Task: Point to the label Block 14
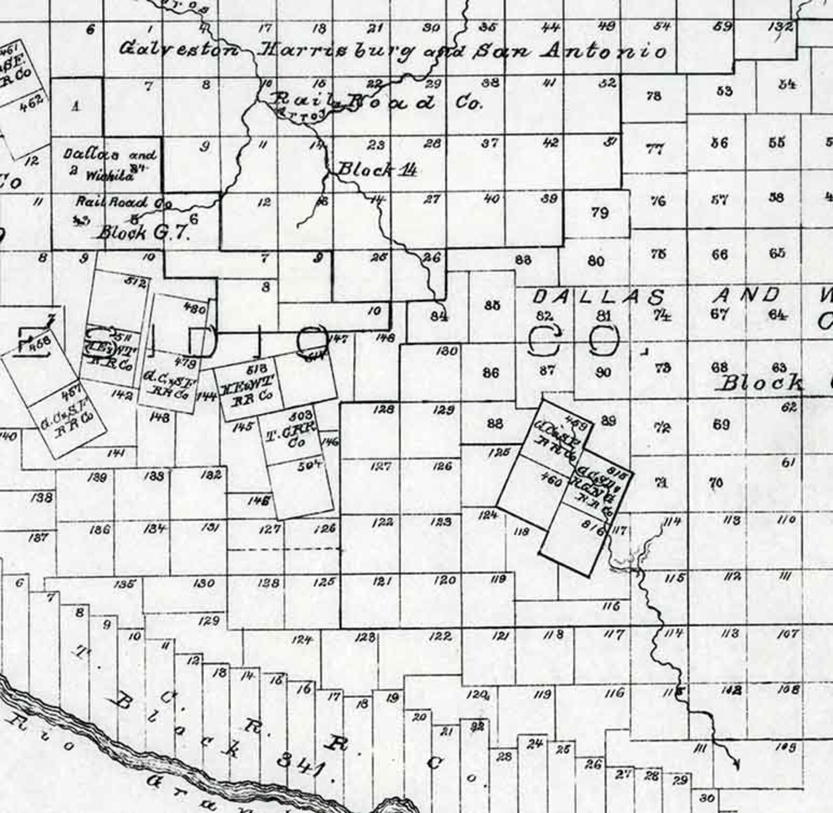377,170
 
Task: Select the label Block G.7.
144,232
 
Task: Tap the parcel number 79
600,213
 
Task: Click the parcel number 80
596,261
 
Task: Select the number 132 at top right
781,27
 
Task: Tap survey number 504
309,465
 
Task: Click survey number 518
257,369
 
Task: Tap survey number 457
71,389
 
